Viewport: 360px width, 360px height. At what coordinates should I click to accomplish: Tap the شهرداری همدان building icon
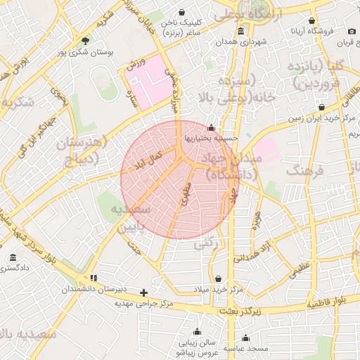tap(241, 31)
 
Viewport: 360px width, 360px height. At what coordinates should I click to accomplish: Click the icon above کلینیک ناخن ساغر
tap(182, 13)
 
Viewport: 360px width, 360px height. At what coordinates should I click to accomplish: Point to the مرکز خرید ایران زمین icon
tap(321, 108)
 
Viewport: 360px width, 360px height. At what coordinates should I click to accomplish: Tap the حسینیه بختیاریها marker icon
tap(212, 128)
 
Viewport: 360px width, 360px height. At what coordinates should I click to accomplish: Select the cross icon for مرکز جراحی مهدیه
tap(144, 292)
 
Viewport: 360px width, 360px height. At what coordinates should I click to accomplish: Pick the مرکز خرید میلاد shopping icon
tap(217, 279)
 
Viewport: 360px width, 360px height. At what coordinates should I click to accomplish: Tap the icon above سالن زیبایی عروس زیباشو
tap(196, 331)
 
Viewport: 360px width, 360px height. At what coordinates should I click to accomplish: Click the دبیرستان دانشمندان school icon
tap(94, 278)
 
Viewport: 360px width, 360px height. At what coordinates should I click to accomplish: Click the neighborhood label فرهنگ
tap(304, 171)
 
